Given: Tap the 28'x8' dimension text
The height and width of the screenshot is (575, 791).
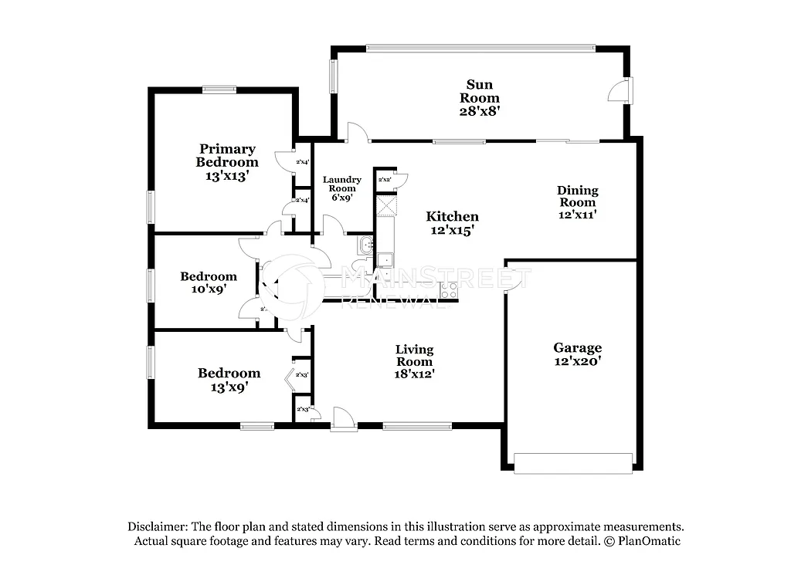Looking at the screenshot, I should (479, 110).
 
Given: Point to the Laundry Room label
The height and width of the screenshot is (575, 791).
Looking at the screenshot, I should (341, 184).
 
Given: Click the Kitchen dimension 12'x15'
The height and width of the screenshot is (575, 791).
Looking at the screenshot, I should (452, 230).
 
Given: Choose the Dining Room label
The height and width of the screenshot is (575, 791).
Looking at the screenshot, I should (577, 196).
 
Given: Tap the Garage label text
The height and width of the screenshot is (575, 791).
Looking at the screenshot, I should (577, 348).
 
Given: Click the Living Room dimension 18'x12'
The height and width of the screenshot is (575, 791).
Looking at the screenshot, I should (414, 374).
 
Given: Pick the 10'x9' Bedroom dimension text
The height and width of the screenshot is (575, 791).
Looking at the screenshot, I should (209, 289).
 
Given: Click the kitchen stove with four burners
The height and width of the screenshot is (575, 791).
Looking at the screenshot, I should (448, 291).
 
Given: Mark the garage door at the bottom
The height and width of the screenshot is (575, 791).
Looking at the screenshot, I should (573, 463).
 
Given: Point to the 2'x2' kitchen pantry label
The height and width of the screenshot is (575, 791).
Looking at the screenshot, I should (384, 180).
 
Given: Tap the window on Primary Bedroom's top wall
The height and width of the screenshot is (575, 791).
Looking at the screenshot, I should (219, 90).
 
